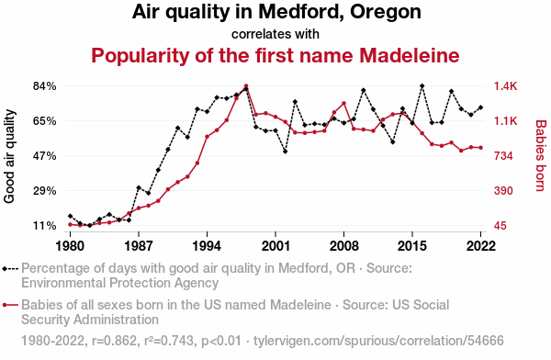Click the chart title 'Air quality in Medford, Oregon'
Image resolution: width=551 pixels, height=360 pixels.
(x=276, y=12)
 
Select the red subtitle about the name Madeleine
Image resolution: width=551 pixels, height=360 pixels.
(x=275, y=55)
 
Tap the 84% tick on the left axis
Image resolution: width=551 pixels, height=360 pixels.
(x=45, y=86)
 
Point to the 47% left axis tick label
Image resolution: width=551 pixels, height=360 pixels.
(x=45, y=156)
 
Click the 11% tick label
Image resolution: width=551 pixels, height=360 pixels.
(x=45, y=225)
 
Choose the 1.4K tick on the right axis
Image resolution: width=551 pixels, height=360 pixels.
(x=505, y=86)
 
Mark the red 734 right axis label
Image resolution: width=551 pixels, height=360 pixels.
(x=503, y=156)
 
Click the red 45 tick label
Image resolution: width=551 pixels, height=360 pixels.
(x=500, y=225)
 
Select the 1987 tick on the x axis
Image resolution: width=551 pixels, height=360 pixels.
(x=139, y=246)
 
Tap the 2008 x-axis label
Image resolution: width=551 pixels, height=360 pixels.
(x=344, y=246)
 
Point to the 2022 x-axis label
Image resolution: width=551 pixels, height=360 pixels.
(x=480, y=246)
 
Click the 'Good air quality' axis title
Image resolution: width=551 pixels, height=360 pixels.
(x=9, y=156)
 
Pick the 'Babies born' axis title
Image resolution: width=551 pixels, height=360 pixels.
(x=541, y=156)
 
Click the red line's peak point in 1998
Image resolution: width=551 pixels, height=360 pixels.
(x=246, y=85)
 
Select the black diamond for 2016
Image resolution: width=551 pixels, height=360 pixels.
(x=422, y=85)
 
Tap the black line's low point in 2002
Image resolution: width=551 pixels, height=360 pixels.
(x=286, y=152)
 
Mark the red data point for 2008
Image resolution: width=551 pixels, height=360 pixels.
(x=344, y=103)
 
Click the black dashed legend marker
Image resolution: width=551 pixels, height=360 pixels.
(x=10, y=269)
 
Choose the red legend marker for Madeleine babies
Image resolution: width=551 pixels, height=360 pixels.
(x=10, y=305)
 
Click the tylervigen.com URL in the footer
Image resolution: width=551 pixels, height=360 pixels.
(x=378, y=341)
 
